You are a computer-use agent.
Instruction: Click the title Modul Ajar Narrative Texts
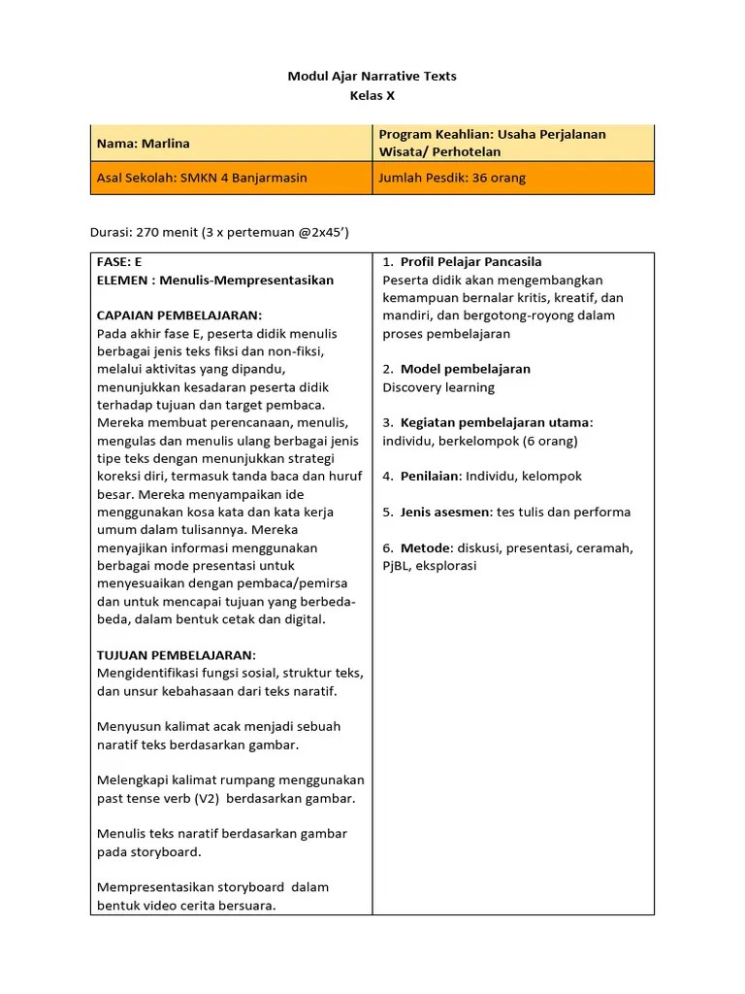coord(372,76)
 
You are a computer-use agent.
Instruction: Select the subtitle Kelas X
coord(372,95)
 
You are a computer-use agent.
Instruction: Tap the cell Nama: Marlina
coord(144,144)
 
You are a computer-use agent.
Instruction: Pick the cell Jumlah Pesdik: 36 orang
coord(452,179)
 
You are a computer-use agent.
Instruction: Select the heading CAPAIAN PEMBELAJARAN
coord(179,315)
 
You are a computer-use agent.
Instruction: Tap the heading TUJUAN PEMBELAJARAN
coord(177,655)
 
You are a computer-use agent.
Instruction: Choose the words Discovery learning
coord(438,387)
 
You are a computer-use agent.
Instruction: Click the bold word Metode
coord(426,547)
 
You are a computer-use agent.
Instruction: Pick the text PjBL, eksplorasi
coord(430,566)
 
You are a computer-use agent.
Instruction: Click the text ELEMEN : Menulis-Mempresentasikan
coord(215,281)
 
